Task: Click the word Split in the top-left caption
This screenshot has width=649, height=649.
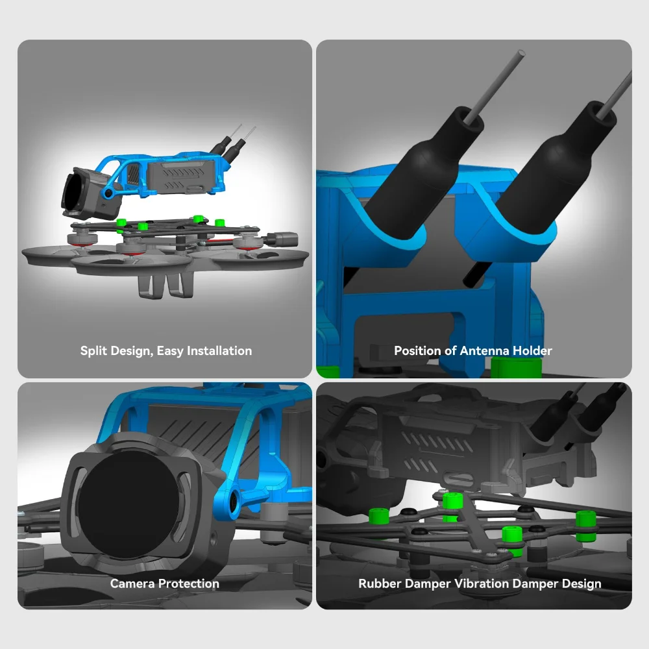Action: pos(93,350)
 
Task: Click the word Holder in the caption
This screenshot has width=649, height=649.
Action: pos(532,350)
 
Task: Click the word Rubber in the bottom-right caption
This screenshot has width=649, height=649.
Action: pos(380,583)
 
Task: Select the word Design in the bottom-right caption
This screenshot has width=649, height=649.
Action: pos(582,584)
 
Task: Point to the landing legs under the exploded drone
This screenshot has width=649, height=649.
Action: pos(165,284)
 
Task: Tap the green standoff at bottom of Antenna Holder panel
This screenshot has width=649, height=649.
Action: pos(516,367)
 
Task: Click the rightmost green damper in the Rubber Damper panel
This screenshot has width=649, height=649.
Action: pos(586,526)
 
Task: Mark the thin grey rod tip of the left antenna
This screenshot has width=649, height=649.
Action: pos(521,53)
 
